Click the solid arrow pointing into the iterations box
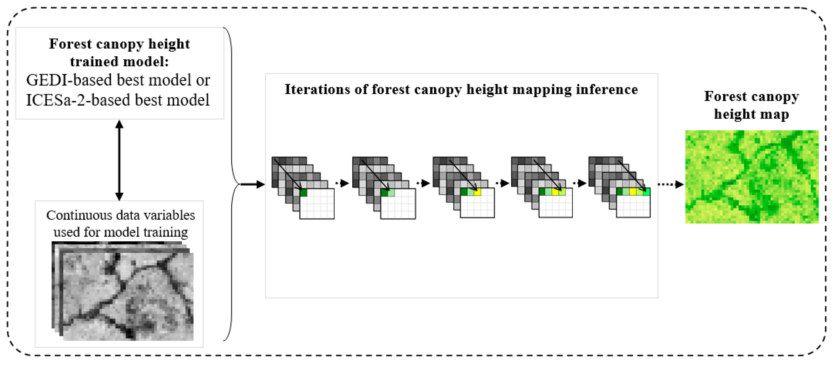tap(253, 184)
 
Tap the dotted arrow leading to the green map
tap(671, 184)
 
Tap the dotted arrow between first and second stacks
tap(342, 183)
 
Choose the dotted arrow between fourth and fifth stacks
tap(580, 183)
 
